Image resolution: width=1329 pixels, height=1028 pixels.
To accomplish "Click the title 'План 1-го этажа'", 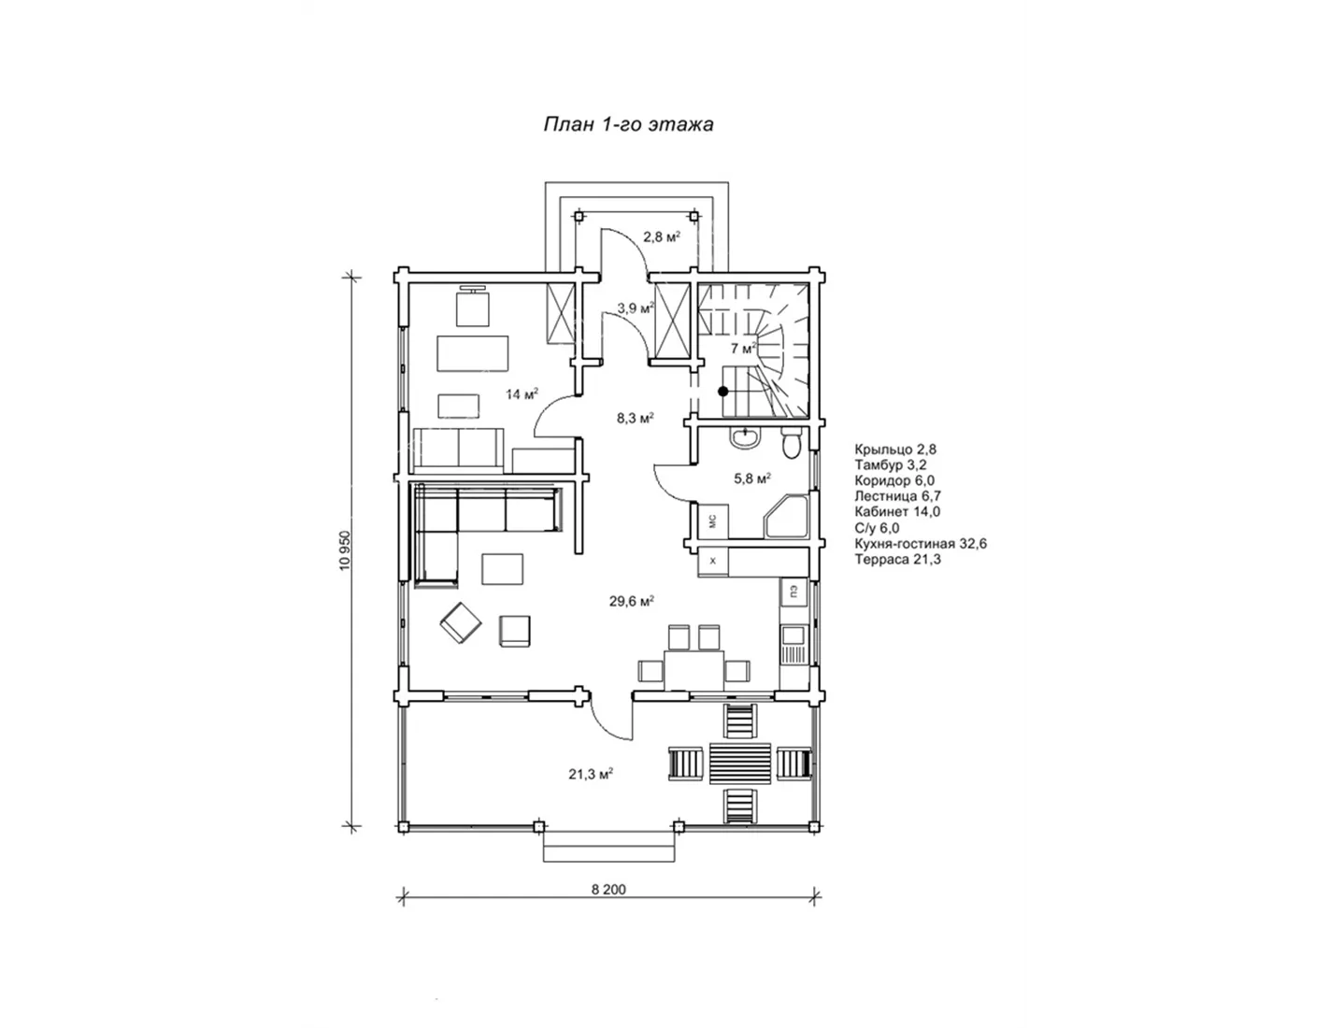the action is coord(628,124).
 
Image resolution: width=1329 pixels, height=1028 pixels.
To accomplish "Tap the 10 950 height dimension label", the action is coord(345,550).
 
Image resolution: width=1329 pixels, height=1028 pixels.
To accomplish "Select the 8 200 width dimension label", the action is coord(608,890).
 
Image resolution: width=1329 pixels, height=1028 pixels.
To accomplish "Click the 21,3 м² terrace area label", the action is coord(591,774).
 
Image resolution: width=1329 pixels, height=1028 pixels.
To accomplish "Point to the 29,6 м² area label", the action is coord(632,601).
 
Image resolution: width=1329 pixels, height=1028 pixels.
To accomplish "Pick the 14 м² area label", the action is coord(522,393).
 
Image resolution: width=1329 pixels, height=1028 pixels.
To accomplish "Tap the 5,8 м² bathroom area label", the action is coord(752,478).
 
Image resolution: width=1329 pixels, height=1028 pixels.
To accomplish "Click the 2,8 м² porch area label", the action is coord(662,237).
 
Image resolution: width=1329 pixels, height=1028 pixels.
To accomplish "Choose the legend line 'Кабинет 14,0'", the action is coord(897,512).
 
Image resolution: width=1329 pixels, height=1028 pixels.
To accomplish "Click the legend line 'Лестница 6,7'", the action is coord(898,496).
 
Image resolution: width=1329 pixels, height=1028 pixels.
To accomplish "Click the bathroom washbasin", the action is coord(745,438).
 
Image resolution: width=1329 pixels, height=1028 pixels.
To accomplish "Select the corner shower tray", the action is coord(786,518).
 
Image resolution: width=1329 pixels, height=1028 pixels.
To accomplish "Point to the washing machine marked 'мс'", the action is coord(713,521).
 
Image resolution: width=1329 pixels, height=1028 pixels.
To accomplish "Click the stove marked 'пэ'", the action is coord(793,592).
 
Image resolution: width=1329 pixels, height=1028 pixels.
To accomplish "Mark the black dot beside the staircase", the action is coord(723,392).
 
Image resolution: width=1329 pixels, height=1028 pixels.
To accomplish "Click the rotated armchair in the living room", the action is coord(461,622).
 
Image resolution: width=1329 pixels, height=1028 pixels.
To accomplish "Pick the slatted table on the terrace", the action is coord(740,764).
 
